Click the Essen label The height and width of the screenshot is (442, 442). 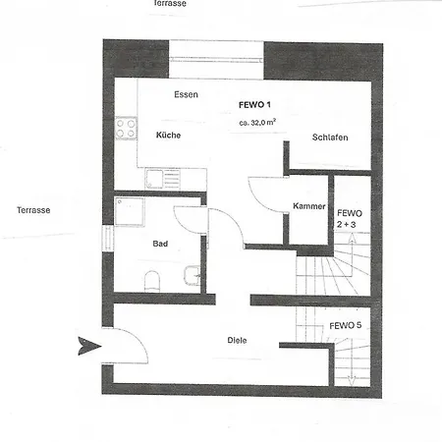click(186, 94)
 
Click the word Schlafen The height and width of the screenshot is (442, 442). click(330, 138)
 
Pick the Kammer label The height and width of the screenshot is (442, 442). click(308, 205)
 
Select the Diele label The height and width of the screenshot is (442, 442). click(237, 340)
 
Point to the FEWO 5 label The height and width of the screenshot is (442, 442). click(344, 325)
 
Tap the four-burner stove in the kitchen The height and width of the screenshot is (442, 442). click(127, 127)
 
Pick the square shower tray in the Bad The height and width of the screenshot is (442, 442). click(131, 213)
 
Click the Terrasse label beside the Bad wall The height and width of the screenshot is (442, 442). click(34, 210)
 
